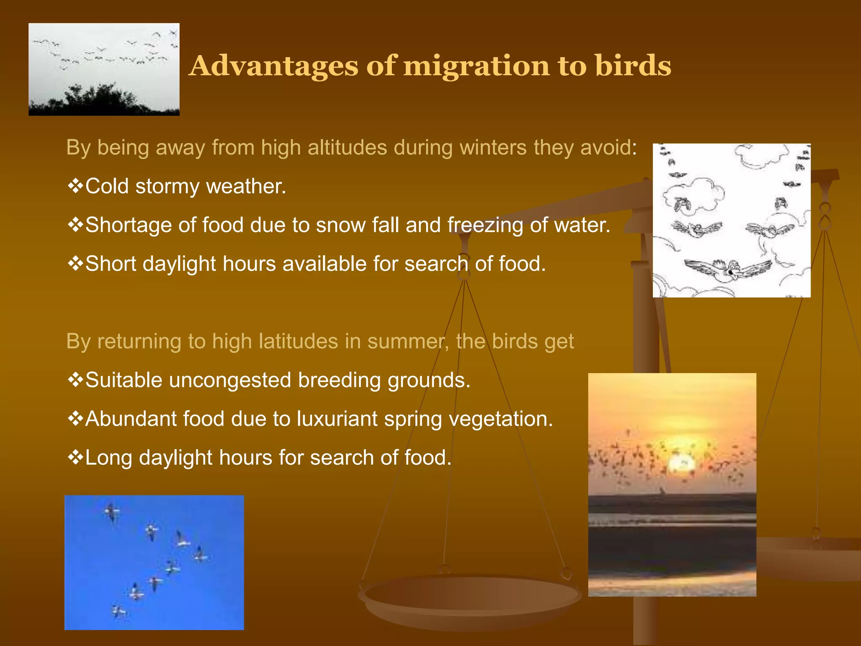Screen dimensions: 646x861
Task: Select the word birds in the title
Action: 633,66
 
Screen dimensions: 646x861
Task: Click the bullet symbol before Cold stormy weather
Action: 75,186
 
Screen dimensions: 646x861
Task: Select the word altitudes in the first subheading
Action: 347,148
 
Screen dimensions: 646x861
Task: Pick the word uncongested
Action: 230,381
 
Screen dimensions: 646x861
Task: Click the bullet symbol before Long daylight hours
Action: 75,457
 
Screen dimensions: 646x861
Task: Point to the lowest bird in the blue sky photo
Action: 119,611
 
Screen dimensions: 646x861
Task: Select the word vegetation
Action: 501,419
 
